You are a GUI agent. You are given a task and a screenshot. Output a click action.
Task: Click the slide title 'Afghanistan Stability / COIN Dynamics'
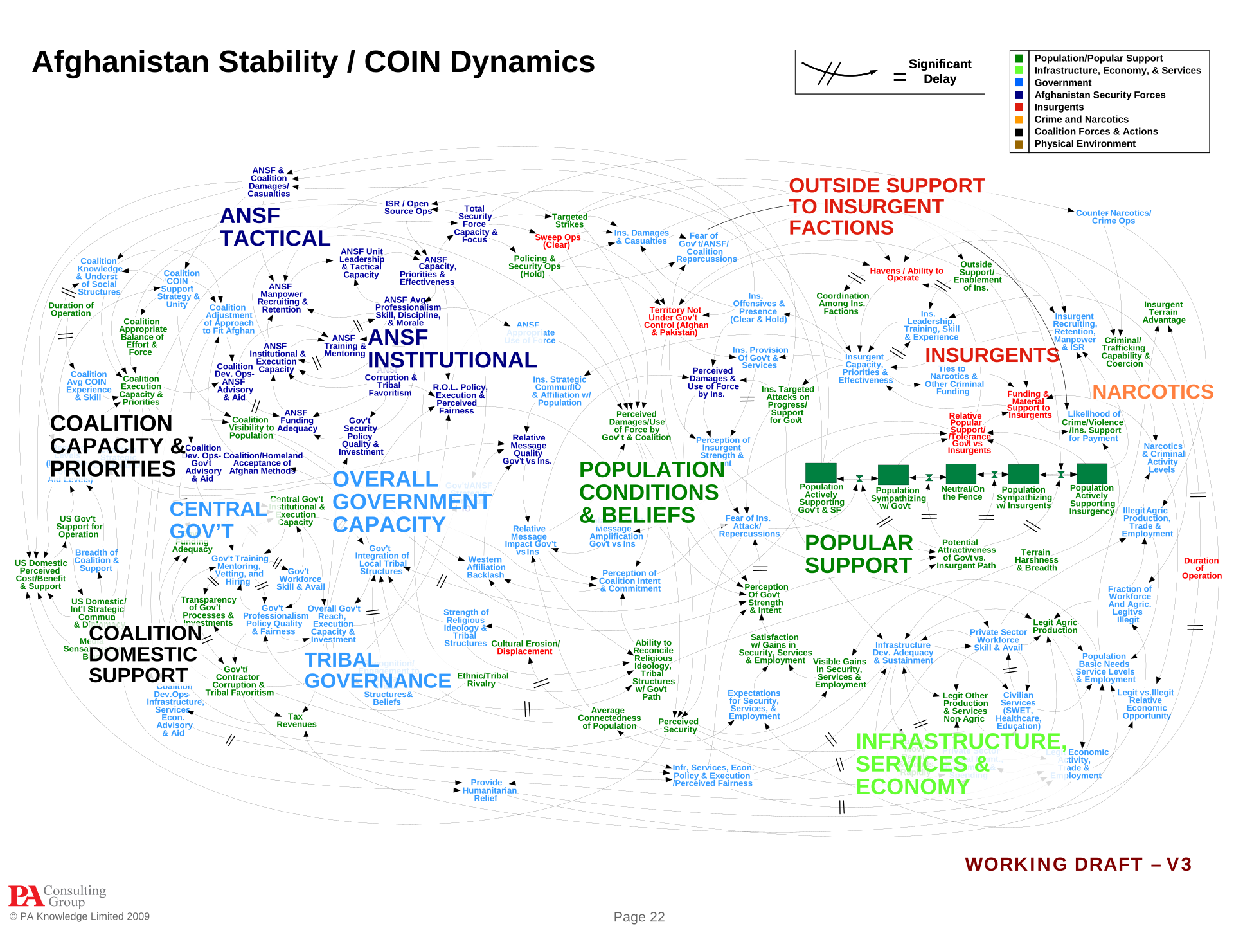tap(313, 62)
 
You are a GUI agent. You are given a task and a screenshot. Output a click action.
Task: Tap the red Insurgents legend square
tap(1019, 107)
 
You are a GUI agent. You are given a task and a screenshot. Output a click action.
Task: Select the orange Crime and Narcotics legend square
tap(1019, 120)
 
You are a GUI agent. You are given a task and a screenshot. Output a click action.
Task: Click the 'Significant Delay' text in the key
tap(940, 71)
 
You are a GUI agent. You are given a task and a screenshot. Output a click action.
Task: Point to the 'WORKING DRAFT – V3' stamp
tap(1078, 864)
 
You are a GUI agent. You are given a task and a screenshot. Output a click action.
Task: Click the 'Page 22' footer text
tap(639, 917)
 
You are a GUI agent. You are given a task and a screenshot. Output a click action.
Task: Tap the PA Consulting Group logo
tap(57, 895)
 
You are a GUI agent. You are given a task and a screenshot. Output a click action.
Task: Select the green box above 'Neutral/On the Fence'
tap(961, 473)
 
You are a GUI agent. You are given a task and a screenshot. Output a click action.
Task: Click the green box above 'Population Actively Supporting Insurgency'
tap(1092, 473)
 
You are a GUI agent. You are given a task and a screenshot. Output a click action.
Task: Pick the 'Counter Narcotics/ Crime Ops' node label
tap(1113, 217)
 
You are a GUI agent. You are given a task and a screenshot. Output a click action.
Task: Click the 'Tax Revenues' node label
tap(296, 720)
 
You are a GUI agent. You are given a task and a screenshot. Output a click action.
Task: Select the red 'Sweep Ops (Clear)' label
tap(557, 241)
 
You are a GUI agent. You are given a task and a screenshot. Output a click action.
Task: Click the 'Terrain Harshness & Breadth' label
tap(1036, 560)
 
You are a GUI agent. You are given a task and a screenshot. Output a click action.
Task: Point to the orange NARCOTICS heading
tap(1152, 392)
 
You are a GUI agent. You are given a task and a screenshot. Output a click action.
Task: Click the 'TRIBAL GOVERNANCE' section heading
tap(377, 670)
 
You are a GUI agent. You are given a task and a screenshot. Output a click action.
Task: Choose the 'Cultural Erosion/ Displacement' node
tap(525, 648)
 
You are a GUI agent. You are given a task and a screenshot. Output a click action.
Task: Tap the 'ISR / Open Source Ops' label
tap(407, 207)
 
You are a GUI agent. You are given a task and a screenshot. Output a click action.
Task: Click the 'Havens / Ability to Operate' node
tap(906, 274)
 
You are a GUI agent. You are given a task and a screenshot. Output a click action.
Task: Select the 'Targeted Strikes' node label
tap(569, 221)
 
